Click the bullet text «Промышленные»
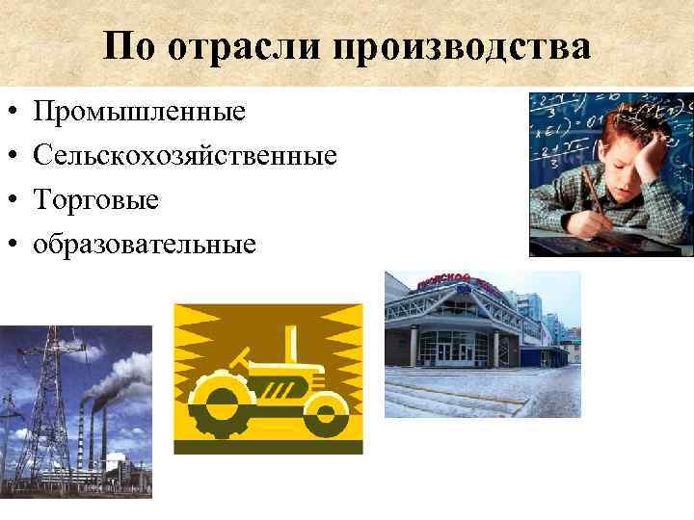tap(140, 113)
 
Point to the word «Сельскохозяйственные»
tap(185, 157)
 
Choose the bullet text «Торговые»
tap(96, 200)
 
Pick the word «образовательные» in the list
tap(145, 244)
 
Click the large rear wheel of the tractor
tap(220, 401)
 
